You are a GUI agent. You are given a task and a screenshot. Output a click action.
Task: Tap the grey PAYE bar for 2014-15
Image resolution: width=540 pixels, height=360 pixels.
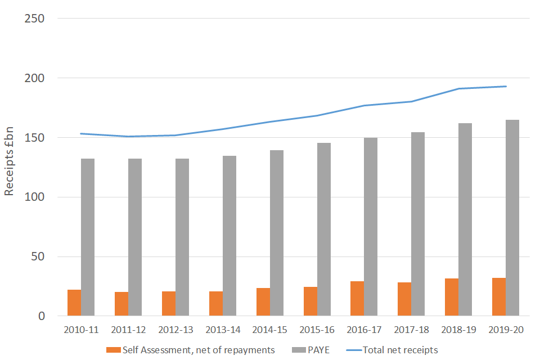[277, 233]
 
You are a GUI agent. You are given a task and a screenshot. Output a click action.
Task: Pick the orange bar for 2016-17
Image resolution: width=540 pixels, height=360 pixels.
[357, 299]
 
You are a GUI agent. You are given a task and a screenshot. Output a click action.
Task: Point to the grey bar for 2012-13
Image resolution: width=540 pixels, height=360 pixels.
[182, 237]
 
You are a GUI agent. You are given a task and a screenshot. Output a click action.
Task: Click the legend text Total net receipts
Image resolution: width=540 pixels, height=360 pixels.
[400, 350]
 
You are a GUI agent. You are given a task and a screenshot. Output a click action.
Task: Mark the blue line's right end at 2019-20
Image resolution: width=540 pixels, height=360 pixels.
[506, 87]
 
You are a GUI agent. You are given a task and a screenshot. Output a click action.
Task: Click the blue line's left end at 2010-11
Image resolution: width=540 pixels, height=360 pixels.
[81, 133]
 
